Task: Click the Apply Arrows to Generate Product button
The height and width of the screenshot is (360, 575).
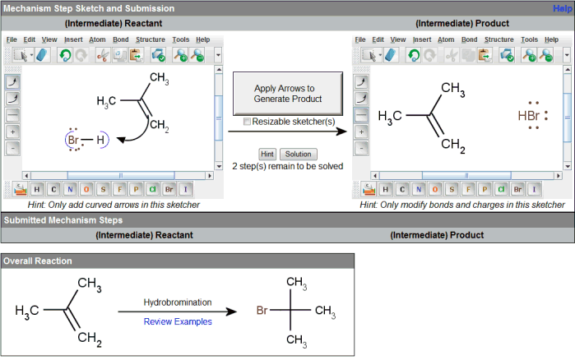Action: pyautogui.click(x=285, y=93)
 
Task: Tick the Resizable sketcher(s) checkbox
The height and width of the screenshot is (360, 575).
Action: pyautogui.click(x=248, y=122)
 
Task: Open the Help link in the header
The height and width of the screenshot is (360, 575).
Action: pyautogui.click(x=563, y=7)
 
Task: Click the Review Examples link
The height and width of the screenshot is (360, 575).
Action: pyautogui.click(x=178, y=321)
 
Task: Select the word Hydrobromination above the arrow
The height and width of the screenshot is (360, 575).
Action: pyautogui.click(x=178, y=303)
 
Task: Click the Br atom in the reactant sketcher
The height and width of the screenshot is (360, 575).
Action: pyautogui.click(x=74, y=141)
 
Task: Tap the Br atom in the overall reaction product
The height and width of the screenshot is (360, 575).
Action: pyautogui.click(x=262, y=312)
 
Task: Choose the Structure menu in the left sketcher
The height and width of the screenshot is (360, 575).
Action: pyautogui.click(x=150, y=39)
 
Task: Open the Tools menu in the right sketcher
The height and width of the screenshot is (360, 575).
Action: pyautogui.click(x=529, y=39)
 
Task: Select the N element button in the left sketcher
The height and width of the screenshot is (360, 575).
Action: pyautogui.click(x=71, y=190)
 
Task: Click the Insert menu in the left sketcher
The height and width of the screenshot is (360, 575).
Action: pyautogui.click(x=73, y=39)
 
